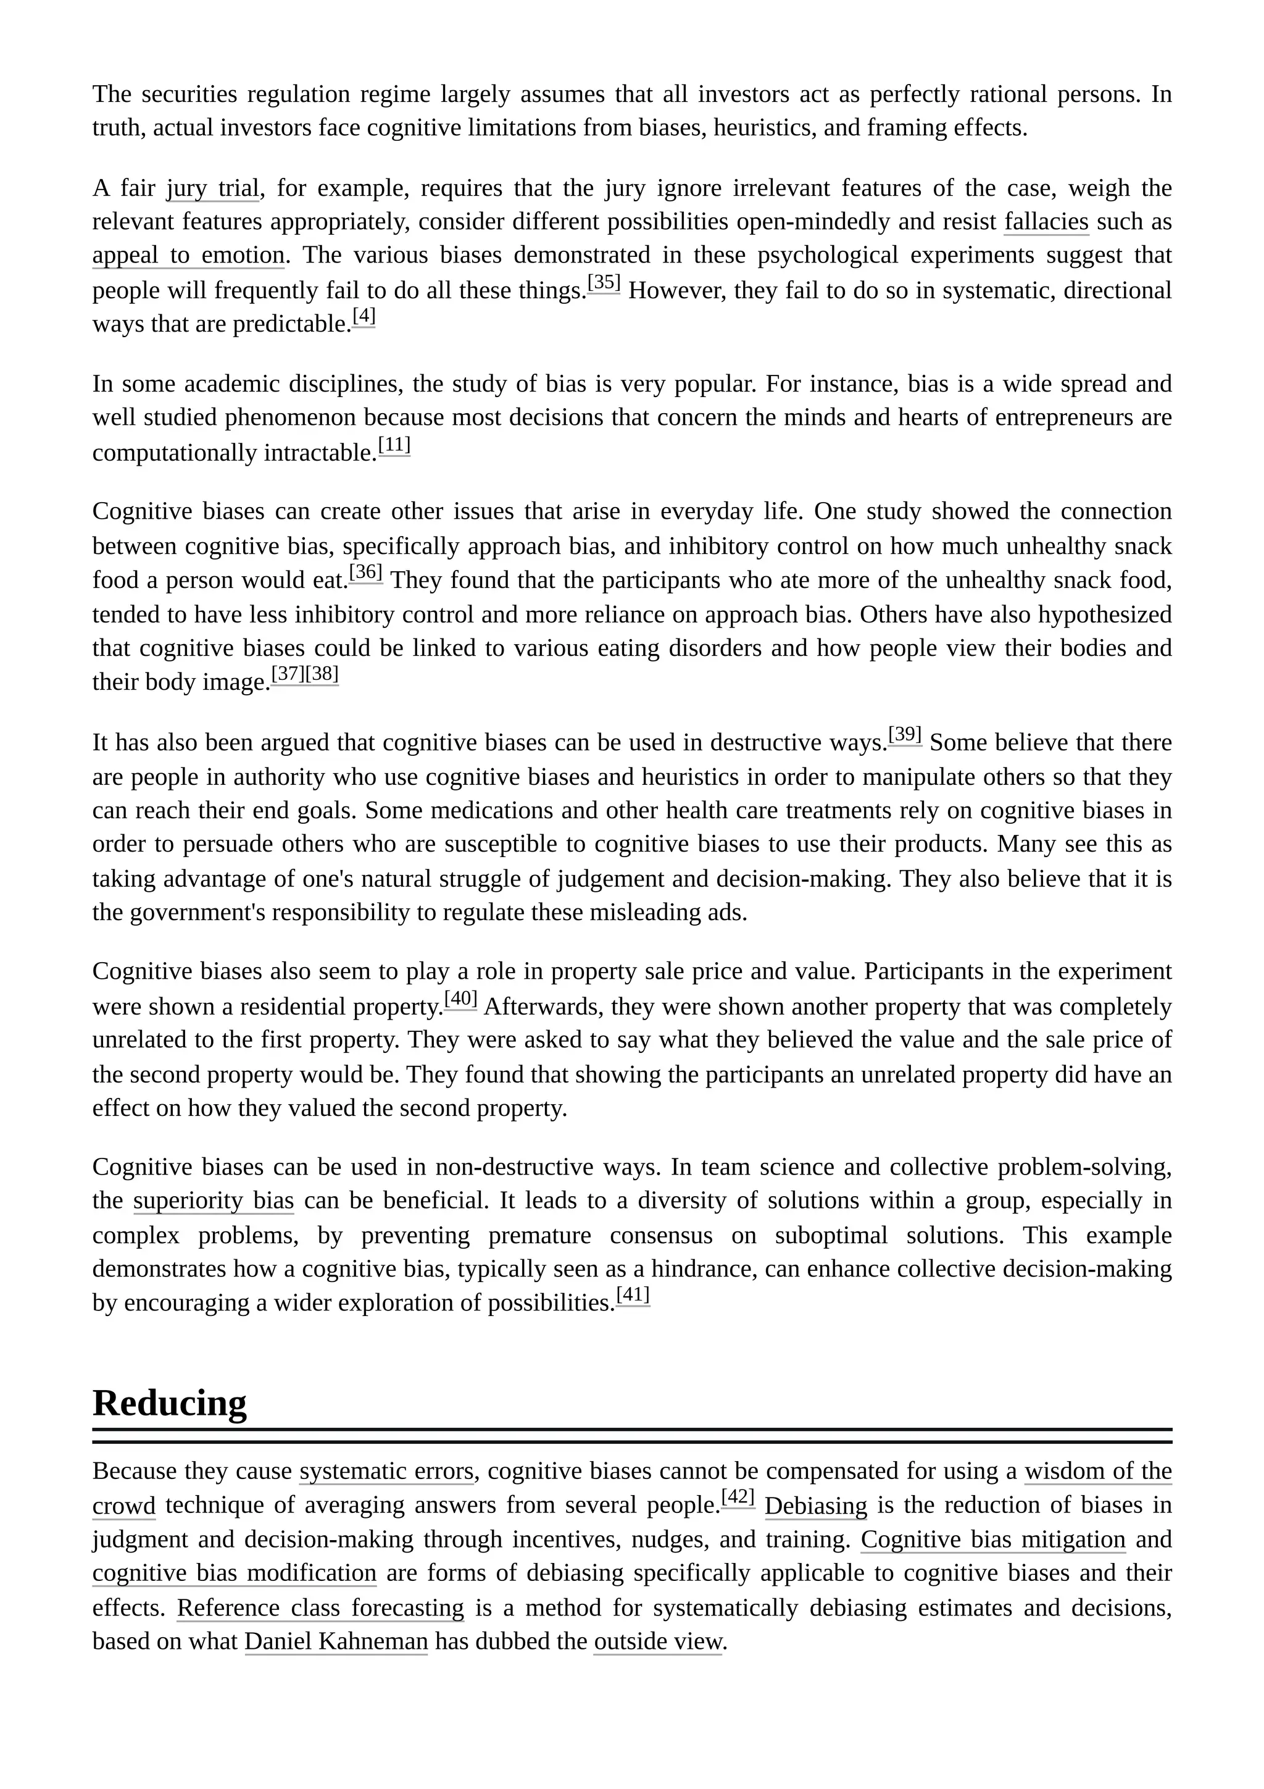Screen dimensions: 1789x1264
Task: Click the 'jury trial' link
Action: coord(212,188)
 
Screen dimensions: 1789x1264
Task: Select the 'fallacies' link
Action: coord(1046,222)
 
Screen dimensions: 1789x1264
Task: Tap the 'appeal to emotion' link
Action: coord(188,256)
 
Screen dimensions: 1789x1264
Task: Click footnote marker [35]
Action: coord(604,283)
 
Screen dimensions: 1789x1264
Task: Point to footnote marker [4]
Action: coord(364,316)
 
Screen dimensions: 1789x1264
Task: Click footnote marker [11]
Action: coord(394,445)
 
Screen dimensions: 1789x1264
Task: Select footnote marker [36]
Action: coord(365,572)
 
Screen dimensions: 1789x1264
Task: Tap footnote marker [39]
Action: coord(904,735)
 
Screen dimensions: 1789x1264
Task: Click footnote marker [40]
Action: coord(460,999)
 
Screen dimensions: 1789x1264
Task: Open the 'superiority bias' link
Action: coord(214,1200)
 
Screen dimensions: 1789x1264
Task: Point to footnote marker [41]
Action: coord(633,1295)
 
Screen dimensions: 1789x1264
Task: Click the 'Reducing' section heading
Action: coord(169,1403)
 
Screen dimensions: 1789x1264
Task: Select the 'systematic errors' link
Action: coord(386,1471)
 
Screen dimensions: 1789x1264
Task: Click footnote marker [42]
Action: coord(738,1498)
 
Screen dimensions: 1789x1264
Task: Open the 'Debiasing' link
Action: coord(815,1506)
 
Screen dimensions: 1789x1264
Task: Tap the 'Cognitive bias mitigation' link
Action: coord(992,1540)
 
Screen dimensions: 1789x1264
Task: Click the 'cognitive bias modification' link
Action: coord(234,1573)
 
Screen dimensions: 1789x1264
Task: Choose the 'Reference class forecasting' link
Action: coord(320,1608)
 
